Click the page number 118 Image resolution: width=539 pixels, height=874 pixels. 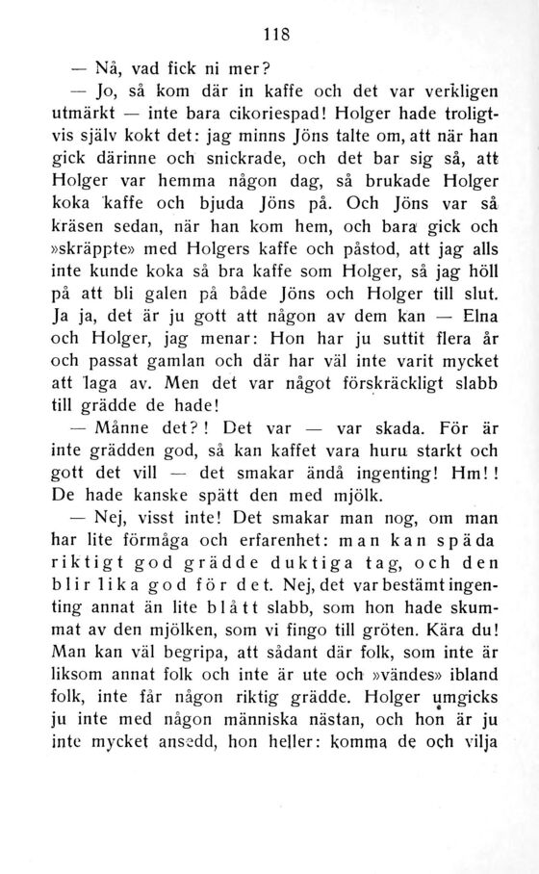[277, 33]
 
